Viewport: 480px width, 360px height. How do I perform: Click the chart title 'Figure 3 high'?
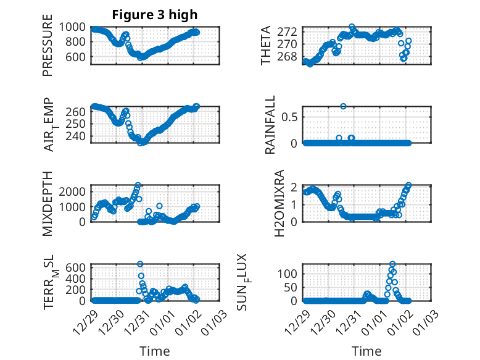(x=155, y=15)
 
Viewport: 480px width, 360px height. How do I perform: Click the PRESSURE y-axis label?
(x=48, y=49)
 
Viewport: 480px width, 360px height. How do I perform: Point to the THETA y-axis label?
(x=266, y=46)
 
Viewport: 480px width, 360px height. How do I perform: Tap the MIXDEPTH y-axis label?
(x=48, y=203)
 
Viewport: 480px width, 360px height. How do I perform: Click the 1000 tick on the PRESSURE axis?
(x=75, y=27)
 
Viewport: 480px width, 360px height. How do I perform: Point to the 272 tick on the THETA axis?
(x=292, y=31)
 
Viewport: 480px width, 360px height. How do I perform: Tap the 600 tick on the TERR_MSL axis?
(x=78, y=267)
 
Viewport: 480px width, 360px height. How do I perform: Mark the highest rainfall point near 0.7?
(x=343, y=106)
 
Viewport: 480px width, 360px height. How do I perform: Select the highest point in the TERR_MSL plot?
(x=140, y=264)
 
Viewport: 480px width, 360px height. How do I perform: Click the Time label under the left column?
(x=154, y=351)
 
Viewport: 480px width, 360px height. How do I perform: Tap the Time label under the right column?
(x=366, y=351)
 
